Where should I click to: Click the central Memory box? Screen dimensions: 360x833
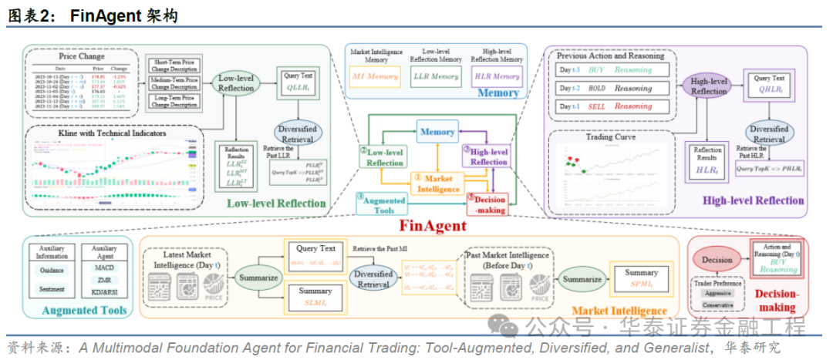click(x=437, y=132)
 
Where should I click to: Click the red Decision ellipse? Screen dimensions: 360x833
click(x=717, y=260)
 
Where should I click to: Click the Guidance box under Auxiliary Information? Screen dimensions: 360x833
click(x=52, y=271)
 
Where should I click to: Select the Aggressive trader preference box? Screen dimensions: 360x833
click(x=717, y=294)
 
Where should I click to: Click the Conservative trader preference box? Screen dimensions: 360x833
click(x=717, y=305)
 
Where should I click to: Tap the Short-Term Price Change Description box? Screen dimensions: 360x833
click(x=174, y=65)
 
